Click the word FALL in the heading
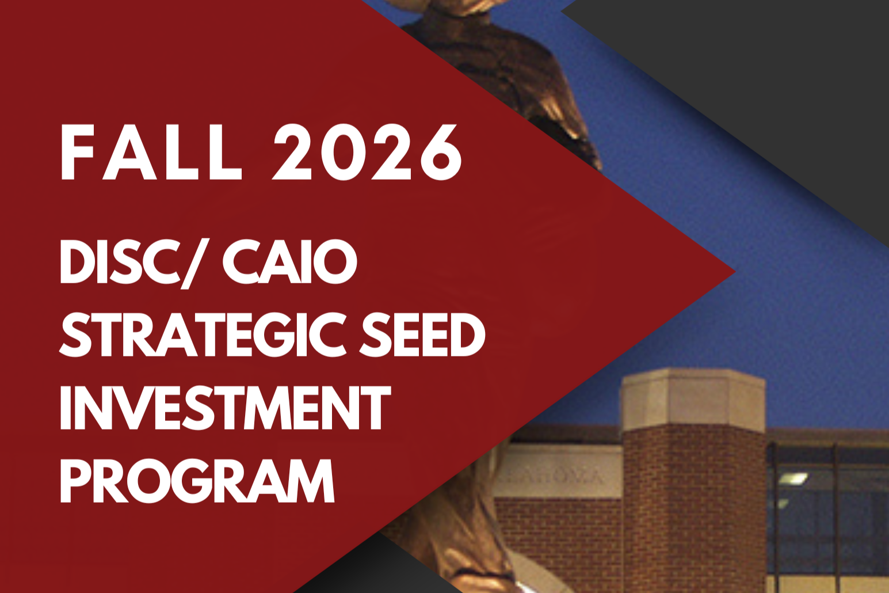151,153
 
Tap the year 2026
367,153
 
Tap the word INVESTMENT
225,407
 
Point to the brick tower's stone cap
692,402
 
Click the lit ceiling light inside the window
792,478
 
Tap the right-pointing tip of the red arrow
734,272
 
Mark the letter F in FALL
77,153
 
